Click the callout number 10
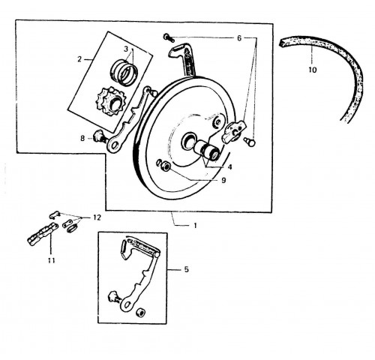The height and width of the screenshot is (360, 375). [313, 70]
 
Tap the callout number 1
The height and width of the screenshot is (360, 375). [195, 225]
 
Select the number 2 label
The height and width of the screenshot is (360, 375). [79, 59]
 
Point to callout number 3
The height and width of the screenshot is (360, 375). [126, 49]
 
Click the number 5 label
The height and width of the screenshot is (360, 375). [187, 269]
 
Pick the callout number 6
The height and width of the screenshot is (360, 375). [239, 38]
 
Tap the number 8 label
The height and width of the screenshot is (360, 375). [82, 138]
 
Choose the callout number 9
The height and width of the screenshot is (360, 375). [223, 180]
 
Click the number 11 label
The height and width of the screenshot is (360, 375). [51, 260]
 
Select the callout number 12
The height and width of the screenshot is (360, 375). [97, 217]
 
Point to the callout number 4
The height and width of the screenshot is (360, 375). [229, 167]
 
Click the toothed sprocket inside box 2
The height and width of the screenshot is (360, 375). [110, 101]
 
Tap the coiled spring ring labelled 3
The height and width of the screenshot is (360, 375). [124, 71]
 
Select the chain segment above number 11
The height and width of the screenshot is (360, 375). [43, 235]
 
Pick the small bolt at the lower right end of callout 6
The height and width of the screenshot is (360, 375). [250, 142]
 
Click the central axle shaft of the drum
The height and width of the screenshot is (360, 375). [208, 151]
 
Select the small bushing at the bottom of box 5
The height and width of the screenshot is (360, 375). [140, 312]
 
